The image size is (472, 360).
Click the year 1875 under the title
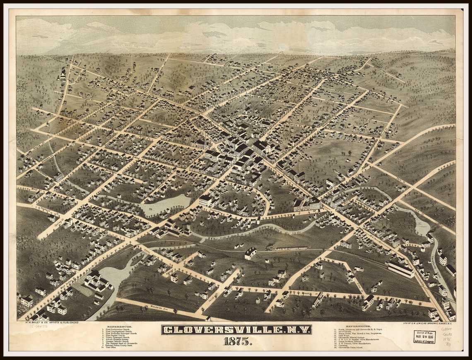pos(236,341)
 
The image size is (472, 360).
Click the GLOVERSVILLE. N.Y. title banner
pos(236,330)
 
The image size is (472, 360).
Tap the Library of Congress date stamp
pos(424,336)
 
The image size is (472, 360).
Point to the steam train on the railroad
pos(287,248)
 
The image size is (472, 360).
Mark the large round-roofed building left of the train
pos(250,253)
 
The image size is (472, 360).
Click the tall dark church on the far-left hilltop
pos(63,74)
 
